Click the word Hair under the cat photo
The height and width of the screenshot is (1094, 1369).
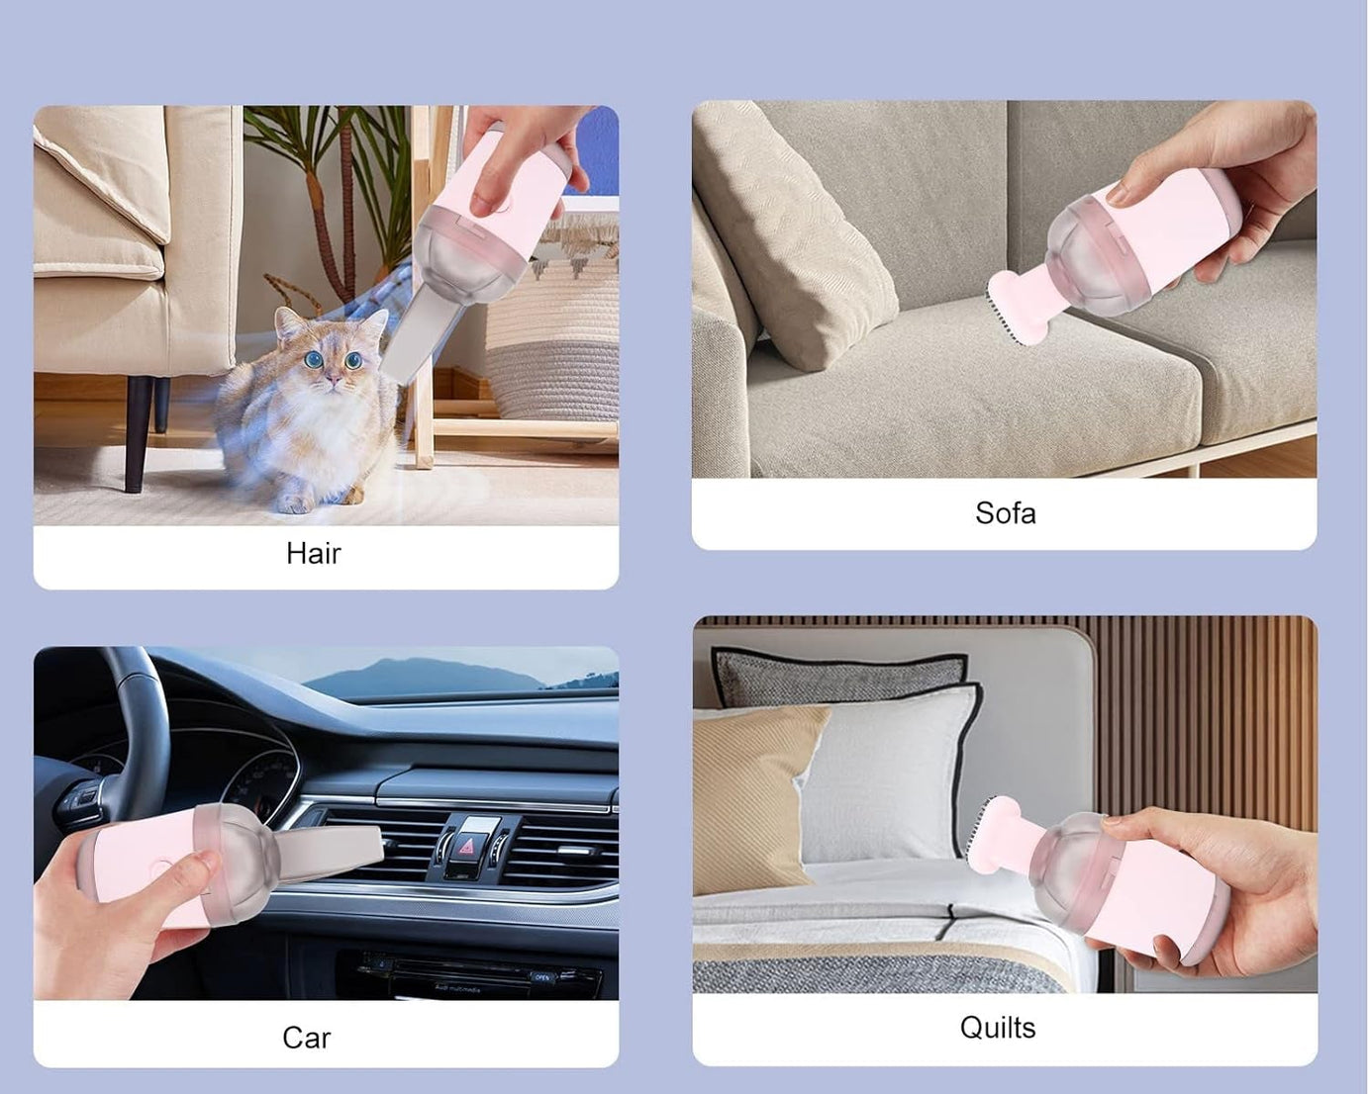click(313, 553)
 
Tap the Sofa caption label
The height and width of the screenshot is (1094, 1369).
click(1005, 513)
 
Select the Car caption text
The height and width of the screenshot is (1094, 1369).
click(306, 1038)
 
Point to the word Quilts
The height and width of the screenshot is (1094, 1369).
click(997, 1028)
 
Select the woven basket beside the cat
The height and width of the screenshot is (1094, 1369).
click(554, 336)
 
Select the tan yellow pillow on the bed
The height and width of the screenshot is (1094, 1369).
click(757, 791)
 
